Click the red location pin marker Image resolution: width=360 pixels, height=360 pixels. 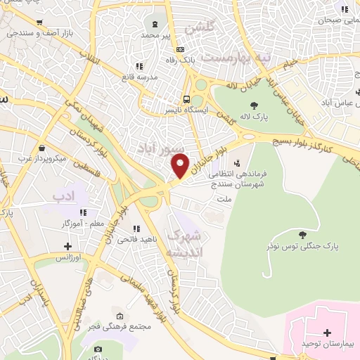click(x=181, y=165)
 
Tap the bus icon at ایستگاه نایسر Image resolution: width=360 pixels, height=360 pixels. click(x=186, y=99)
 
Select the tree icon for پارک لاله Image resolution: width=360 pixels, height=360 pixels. click(x=254, y=105)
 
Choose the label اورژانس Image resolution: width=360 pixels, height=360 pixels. click(x=68, y=257)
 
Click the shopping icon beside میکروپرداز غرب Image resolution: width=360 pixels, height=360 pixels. click(x=43, y=148)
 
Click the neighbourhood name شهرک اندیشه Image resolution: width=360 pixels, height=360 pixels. click(x=186, y=242)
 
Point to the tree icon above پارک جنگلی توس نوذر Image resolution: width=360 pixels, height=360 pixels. click(x=303, y=236)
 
